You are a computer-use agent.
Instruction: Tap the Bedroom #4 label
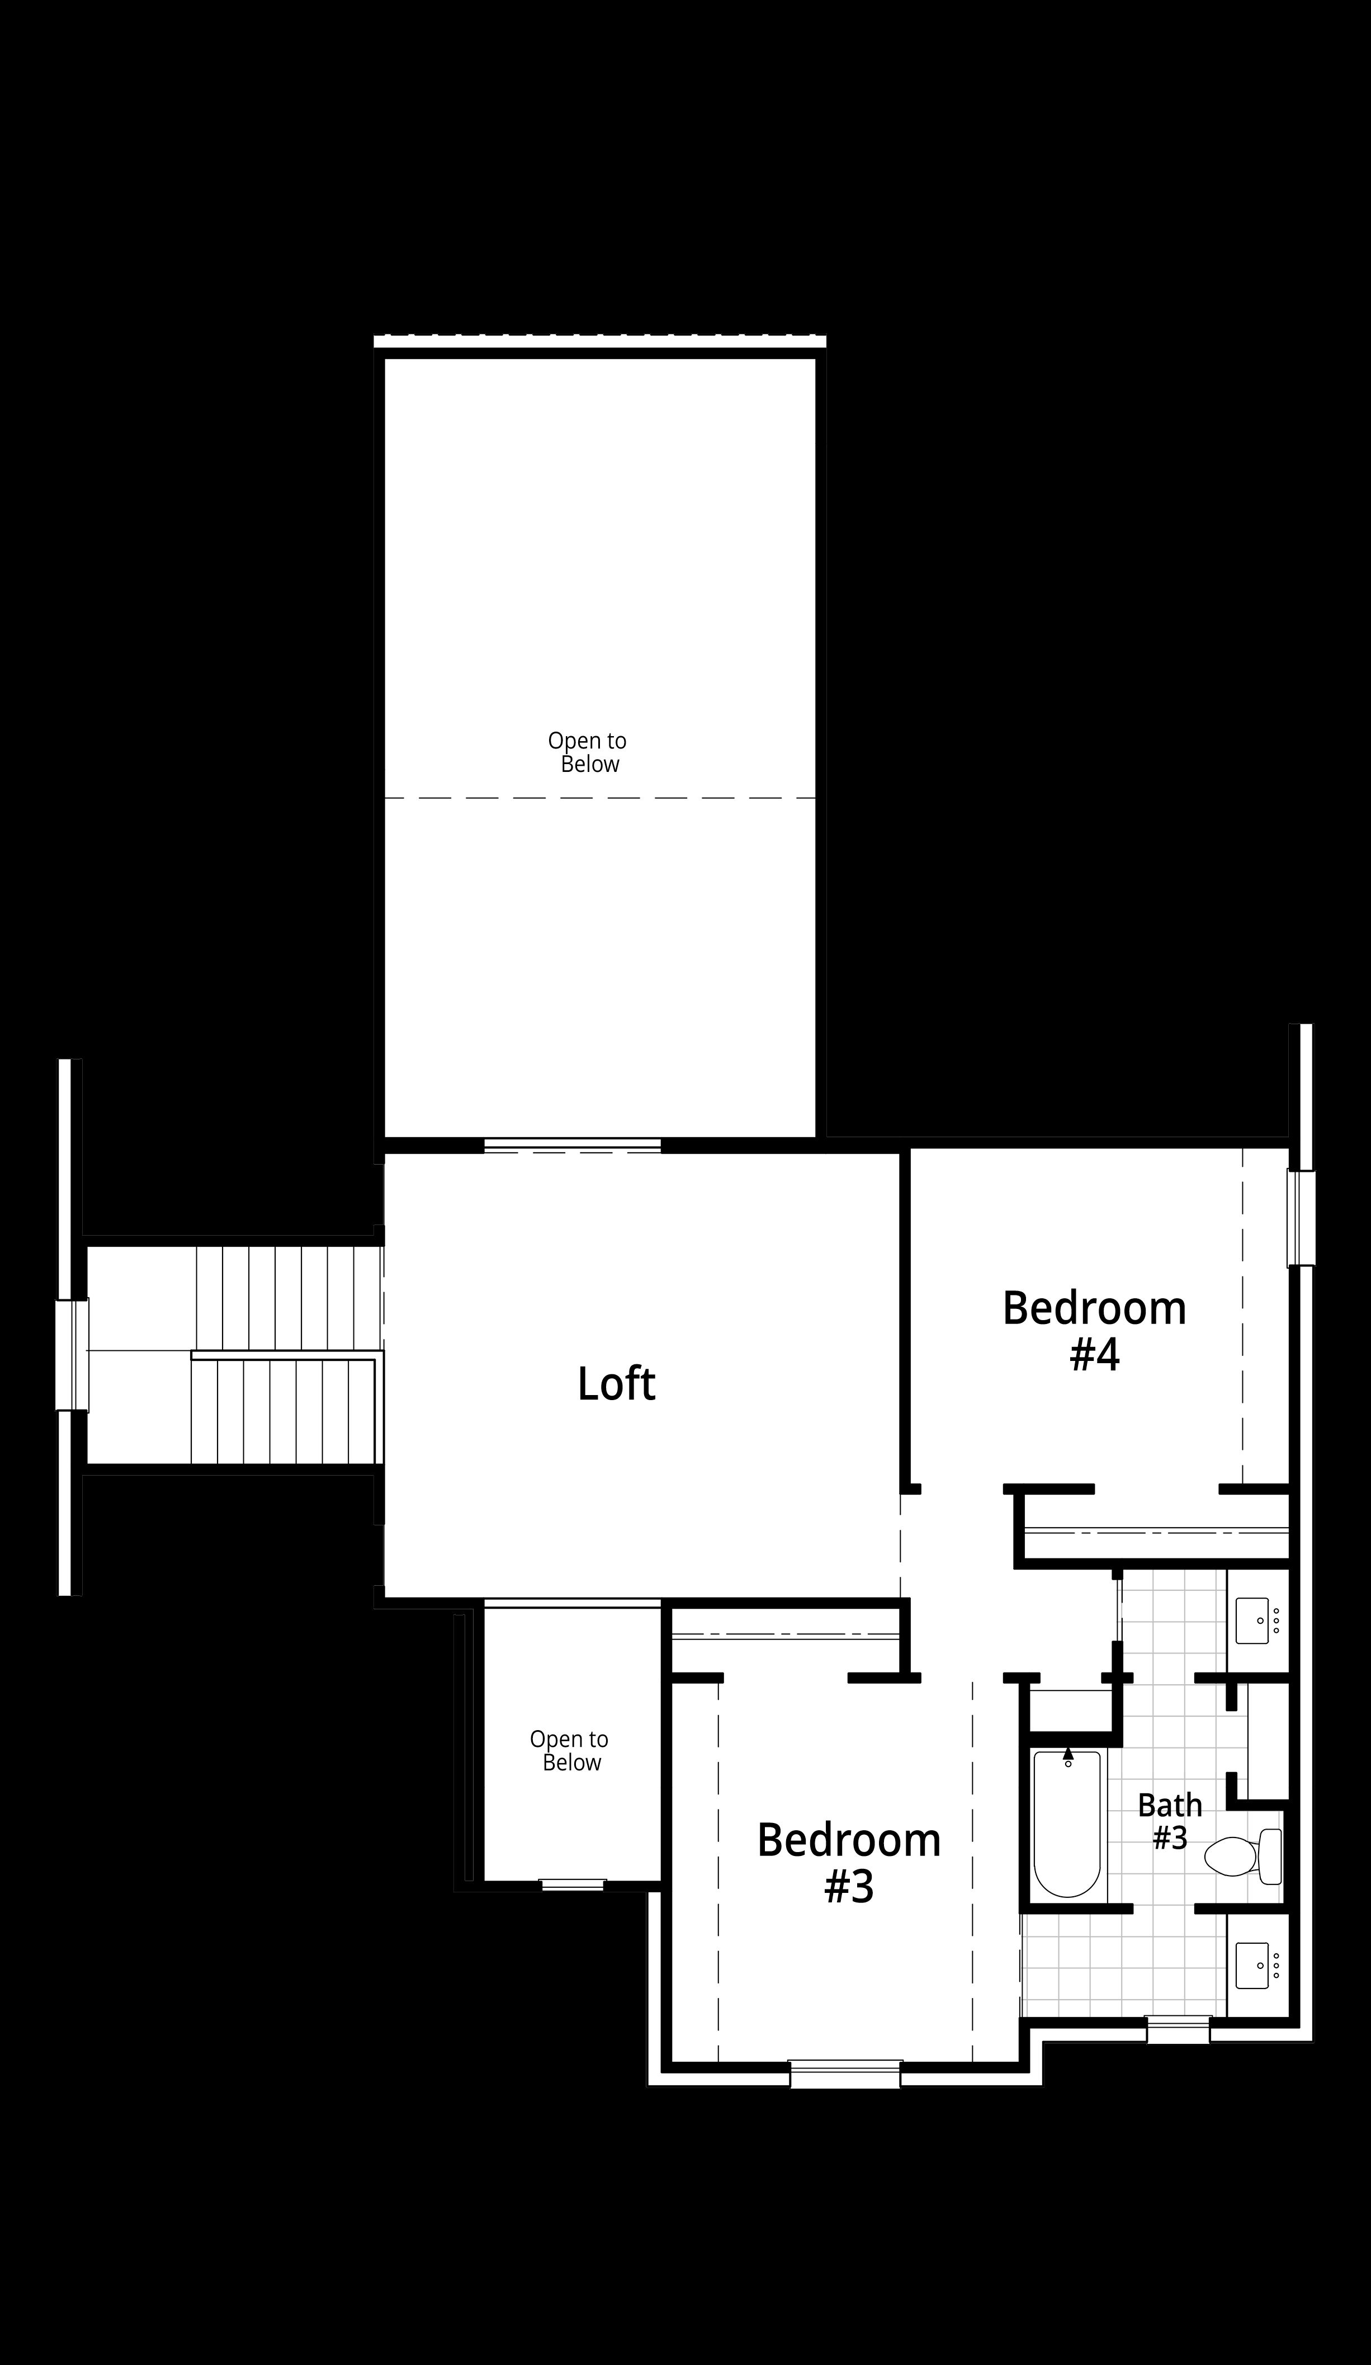1094,1331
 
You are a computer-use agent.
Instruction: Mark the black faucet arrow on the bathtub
1068,1752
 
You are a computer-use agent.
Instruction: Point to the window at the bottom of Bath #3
1179,2030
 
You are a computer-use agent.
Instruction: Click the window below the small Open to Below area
573,1885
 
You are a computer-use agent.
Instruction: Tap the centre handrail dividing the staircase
286,1355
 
